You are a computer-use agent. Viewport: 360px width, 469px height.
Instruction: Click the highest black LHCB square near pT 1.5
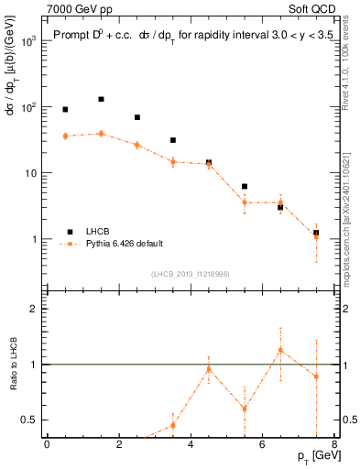pyautogui.click(x=101, y=99)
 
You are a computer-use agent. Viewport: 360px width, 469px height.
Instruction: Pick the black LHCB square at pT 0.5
pyautogui.click(x=65, y=109)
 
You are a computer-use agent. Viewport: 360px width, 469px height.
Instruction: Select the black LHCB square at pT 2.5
pyautogui.click(x=136, y=117)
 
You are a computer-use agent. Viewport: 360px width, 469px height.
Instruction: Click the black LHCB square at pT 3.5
pyautogui.click(x=172, y=140)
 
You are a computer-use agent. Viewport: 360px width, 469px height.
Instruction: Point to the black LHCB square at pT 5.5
pyautogui.click(x=245, y=187)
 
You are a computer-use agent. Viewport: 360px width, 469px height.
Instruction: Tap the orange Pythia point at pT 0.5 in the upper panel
pyautogui.click(x=65, y=136)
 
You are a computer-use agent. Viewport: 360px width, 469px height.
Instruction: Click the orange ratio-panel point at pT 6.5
pyautogui.click(x=280, y=350)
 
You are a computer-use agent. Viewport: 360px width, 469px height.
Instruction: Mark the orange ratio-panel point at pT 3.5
pyautogui.click(x=172, y=425)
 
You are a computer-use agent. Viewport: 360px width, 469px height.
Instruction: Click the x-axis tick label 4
pyautogui.click(x=190, y=445)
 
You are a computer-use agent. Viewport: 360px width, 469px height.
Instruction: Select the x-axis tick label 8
pyautogui.click(x=333, y=445)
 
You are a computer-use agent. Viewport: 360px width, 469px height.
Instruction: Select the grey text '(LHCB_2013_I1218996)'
pyautogui.click(x=190, y=273)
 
